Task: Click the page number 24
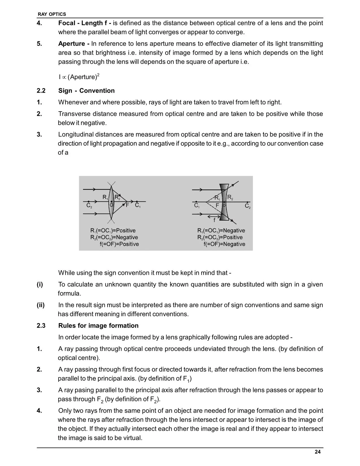318,452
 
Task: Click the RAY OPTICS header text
52,14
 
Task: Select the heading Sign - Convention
86,91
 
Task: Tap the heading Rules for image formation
98,326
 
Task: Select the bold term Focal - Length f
84,23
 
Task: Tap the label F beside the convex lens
127,205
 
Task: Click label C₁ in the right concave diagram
197,206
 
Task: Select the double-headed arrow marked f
214,216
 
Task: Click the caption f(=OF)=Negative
224,244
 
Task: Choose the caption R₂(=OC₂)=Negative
114,237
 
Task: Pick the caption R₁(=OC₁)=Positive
113,230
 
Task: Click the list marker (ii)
41,305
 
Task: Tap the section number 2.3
41,326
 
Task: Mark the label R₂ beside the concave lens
230,197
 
